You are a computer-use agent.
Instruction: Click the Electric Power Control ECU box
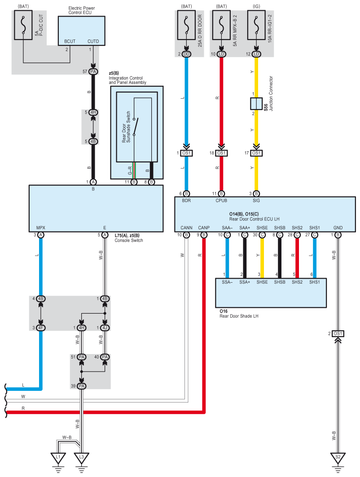coord(82,31)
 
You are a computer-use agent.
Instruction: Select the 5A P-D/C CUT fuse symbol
coord(23,25)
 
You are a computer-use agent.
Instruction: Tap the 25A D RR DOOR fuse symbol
coord(186,25)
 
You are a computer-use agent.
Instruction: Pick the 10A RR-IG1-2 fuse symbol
coord(256,25)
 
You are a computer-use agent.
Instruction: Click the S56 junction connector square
coord(256,104)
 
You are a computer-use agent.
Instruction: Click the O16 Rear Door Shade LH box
coord(271,293)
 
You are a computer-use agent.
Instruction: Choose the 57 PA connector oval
coord(93,72)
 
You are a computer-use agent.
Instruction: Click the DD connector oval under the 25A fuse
coord(186,54)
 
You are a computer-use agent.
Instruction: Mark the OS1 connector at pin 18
coord(221,153)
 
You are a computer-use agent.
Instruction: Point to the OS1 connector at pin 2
coord(338,334)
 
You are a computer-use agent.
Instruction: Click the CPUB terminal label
coord(221,201)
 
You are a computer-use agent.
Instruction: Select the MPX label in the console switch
coord(41,228)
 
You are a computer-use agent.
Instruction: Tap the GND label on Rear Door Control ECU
coord(338,228)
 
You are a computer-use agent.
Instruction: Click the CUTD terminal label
coord(93,41)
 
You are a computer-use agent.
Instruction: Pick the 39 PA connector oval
coord(81,386)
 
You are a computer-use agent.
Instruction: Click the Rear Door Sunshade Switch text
coord(126,127)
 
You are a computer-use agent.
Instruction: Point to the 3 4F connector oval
coord(40,328)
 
